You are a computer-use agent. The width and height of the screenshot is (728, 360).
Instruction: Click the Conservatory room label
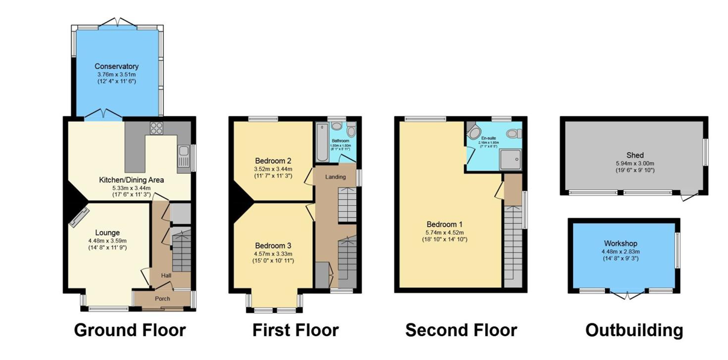(x=116, y=66)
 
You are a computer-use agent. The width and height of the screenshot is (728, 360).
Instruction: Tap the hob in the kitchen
(x=156, y=128)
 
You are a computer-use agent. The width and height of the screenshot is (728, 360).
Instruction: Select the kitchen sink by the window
(x=183, y=155)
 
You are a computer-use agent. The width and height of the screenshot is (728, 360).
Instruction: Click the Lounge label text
(x=108, y=233)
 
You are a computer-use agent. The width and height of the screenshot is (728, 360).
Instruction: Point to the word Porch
(x=162, y=299)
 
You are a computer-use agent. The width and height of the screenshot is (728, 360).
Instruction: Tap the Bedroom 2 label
(x=273, y=161)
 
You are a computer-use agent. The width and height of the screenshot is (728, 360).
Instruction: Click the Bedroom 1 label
(x=444, y=224)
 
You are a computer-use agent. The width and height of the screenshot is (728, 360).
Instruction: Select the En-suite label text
(x=489, y=138)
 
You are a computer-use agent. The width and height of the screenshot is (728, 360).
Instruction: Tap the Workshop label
(x=624, y=244)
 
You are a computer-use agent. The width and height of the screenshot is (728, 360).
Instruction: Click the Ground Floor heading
(x=129, y=330)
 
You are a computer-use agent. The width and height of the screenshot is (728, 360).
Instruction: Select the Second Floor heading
(x=461, y=330)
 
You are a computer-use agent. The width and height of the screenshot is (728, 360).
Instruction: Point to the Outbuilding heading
(x=634, y=330)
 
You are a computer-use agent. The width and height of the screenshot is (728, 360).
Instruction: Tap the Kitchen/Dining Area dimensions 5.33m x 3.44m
(x=131, y=188)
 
